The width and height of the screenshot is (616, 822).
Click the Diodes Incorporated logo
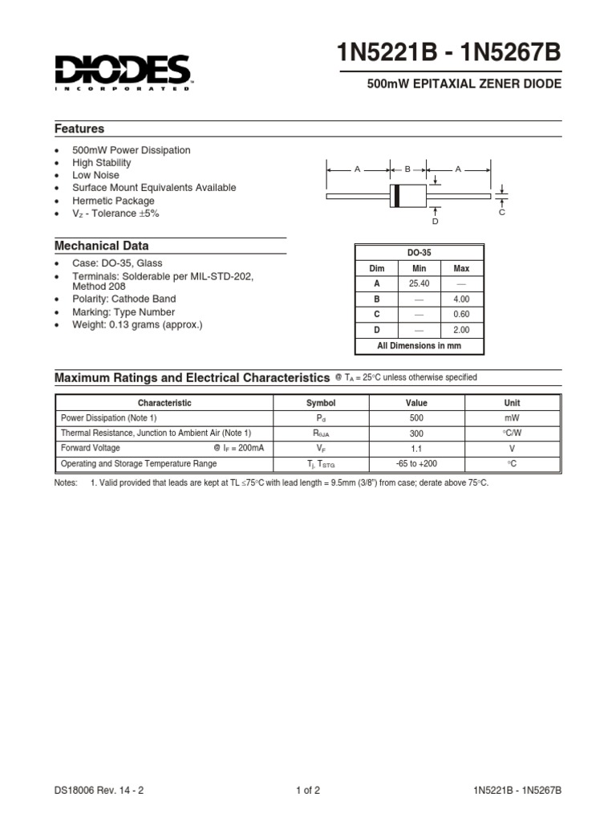123,71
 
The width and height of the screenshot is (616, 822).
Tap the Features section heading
79,128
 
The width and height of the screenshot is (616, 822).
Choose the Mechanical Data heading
101,246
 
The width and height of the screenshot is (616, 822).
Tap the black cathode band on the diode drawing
396,195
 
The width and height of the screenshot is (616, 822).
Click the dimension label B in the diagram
407,169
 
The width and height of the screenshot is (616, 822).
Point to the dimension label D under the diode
436,221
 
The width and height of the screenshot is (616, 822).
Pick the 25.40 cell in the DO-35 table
419,284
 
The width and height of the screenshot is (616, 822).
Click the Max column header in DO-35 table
461,269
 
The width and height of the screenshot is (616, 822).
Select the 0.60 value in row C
461,315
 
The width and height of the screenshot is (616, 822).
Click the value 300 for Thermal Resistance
416,433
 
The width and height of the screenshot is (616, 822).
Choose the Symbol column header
321,403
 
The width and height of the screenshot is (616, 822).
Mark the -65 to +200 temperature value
416,464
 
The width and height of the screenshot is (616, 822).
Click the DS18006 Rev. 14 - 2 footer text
99,790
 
